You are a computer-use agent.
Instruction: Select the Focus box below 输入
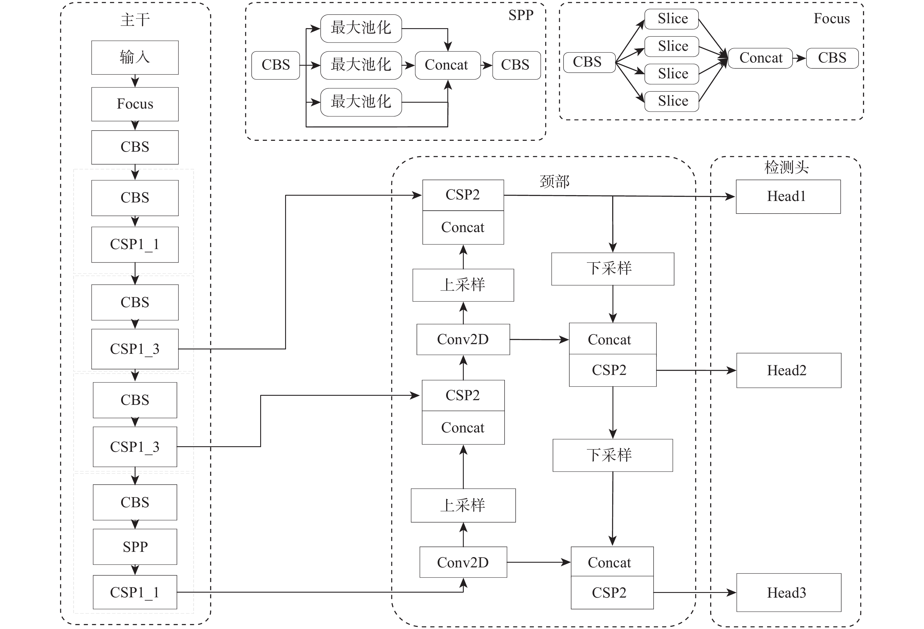(x=135, y=104)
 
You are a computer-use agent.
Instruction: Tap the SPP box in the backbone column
(x=135, y=547)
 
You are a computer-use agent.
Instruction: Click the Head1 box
(x=788, y=196)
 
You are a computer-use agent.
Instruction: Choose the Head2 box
(x=788, y=370)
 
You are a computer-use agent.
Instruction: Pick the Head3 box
(x=788, y=592)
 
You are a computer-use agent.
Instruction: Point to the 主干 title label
(x=135, y=20)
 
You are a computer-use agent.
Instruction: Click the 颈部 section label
(x=555, y=182)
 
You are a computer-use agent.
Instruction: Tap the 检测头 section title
(x=786, y=167)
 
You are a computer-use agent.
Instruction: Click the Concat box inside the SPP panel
(x=447, y=65)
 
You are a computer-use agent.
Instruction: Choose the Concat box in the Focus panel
(x=760, y=58)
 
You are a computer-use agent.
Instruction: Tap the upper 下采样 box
(x=612, y=269)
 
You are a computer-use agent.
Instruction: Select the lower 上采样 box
(x=463, y=505)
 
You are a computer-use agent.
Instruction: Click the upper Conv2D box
(x=463, y=339)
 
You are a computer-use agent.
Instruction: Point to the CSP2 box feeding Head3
(x=612, y=592)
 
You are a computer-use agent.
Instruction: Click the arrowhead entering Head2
(x=731, y=370)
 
